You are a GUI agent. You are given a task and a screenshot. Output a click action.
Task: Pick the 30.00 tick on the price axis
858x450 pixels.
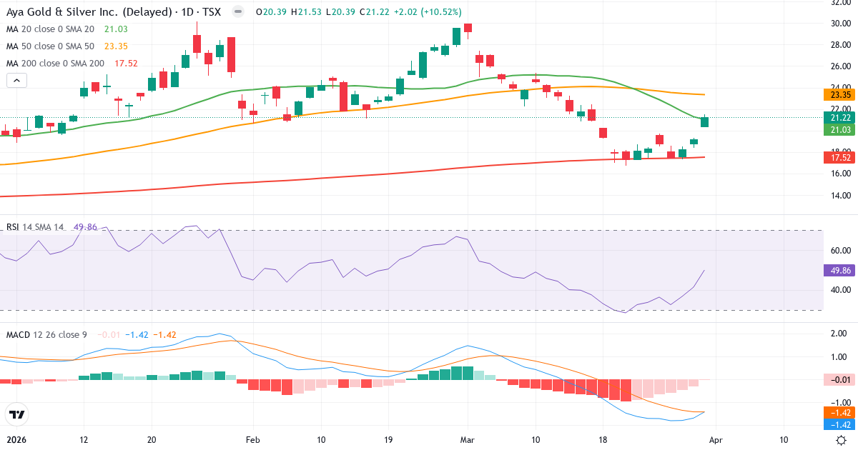tap(840, 23)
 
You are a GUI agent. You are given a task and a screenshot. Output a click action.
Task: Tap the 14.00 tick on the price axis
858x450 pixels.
tap(840, 196)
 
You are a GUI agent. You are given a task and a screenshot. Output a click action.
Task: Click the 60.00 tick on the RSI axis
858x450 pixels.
tap(840, 251)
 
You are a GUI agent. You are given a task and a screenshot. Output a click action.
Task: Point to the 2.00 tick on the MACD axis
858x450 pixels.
tap(838, 334)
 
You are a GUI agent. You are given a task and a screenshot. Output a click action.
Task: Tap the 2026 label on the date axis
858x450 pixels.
tap(16, 440)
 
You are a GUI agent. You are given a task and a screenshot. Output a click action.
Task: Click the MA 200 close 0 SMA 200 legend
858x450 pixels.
tap(55, 63)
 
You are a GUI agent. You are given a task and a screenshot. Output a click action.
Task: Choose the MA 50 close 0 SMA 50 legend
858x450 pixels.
tap(50, 46)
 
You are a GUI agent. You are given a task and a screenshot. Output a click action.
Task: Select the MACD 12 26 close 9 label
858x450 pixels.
tap(47, 334)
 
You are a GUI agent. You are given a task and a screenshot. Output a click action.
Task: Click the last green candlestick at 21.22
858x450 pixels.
tap(704, 121)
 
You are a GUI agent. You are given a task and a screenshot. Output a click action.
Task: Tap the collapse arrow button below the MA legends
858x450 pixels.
tap(16, 81)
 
